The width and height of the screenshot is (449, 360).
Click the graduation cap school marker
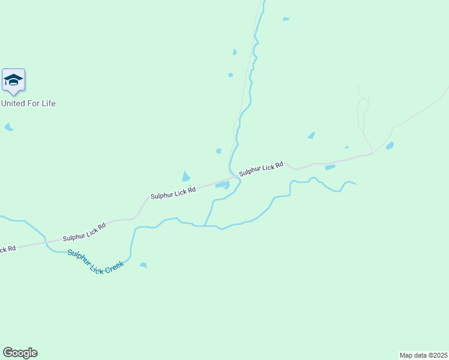pos(13,80)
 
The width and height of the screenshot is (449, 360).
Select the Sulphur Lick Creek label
pos(95,262)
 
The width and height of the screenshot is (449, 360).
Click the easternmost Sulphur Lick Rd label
pos(261,169)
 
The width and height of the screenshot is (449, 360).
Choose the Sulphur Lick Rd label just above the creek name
pos(85,232)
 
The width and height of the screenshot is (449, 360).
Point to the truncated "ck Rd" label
pos(7,248)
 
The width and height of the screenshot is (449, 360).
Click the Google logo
pos(20,353)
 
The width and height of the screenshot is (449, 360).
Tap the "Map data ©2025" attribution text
pos(423,355)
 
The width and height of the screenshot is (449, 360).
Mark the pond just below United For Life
pos(8,127)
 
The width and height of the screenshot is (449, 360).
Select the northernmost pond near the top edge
pos(286,19)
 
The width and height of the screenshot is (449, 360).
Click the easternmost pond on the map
pos(390,146)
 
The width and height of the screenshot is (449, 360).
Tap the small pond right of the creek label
pos(143,265)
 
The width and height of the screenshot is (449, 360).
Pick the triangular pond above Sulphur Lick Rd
pos(186,176)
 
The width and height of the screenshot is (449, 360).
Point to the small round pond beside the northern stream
pos(231,75)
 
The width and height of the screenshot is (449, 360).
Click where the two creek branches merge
pos(205,226)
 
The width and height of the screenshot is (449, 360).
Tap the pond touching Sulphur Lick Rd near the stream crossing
pos(221,185)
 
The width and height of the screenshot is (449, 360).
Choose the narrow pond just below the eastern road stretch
pos(330,167)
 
